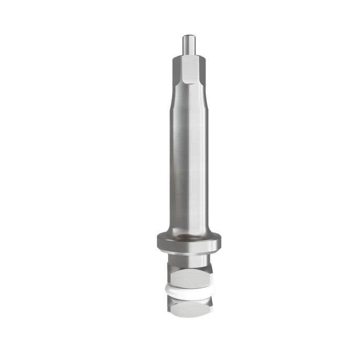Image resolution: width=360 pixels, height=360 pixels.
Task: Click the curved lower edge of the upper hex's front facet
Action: [x=187, y=84]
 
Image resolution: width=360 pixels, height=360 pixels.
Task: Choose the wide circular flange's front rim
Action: [x=188, y=246]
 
